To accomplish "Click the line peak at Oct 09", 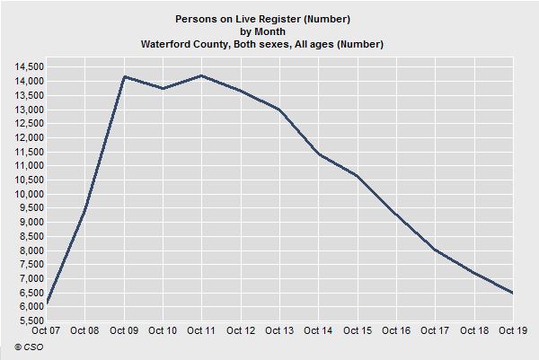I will [124, 77].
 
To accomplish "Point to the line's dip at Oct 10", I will [163, 89].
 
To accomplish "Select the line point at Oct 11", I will [202, 75].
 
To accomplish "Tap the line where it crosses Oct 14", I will [318, 154].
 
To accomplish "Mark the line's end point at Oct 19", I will [513, 293].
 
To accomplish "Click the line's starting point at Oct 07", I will [47, 303].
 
